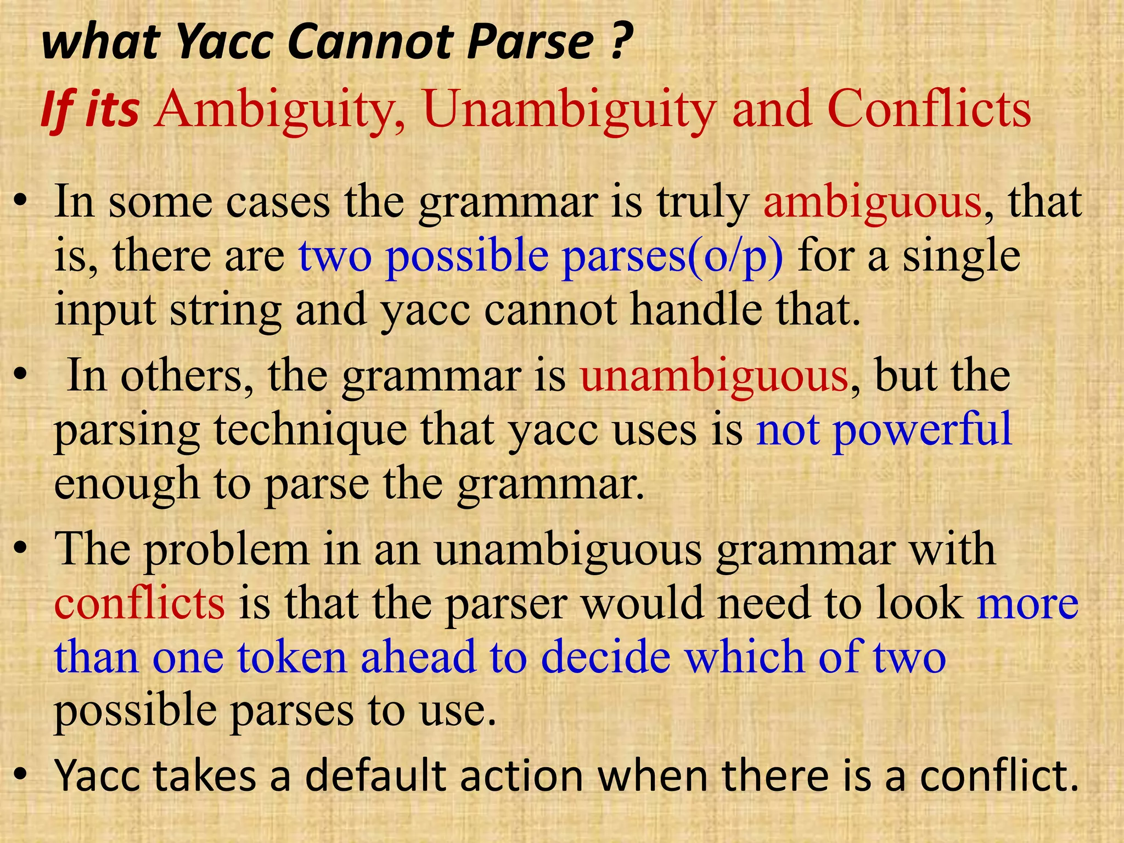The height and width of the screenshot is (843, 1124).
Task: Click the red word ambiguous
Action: [x=872, y=203]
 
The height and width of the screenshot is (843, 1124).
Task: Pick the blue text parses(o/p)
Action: [x=673, y=256]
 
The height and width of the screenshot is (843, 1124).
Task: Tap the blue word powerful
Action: [x=922, y=430]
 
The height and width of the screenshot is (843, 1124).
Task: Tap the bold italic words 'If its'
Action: [x=90, y=110]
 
